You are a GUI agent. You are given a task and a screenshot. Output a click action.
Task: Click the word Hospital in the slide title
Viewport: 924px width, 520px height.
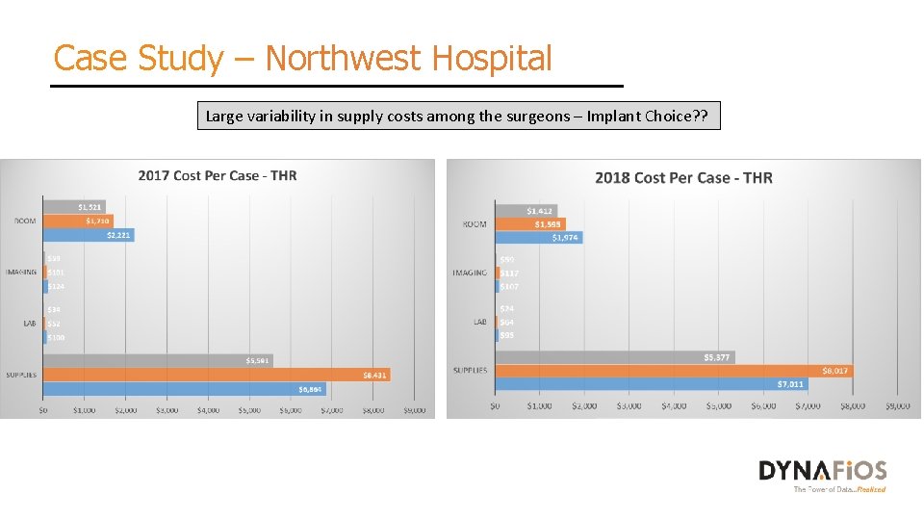tap(492, 59)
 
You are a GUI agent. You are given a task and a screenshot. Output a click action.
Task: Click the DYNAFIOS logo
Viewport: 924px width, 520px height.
tap(823, 471)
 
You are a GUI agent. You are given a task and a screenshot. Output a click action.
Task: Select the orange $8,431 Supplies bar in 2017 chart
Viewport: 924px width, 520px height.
tap(217, 375)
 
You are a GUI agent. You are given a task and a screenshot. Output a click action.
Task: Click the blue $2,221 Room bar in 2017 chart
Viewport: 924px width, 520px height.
tap(89, 235)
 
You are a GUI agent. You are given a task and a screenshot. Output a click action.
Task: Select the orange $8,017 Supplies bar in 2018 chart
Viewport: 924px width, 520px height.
tap(674, 371)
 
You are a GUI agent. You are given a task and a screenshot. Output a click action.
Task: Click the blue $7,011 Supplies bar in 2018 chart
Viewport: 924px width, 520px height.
tap(652, 384)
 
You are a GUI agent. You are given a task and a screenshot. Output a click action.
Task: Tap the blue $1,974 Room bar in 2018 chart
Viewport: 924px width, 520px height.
tap(539, 237)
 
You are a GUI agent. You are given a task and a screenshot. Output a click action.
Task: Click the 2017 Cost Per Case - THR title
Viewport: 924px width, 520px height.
tap(218, 175)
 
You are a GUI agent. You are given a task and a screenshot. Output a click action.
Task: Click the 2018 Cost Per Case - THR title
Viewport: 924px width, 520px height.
tap(683, 177)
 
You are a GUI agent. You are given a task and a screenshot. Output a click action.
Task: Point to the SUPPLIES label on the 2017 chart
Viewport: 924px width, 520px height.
tap(21, 375)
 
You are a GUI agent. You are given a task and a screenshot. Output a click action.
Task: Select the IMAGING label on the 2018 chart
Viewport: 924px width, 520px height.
tap(470, 273)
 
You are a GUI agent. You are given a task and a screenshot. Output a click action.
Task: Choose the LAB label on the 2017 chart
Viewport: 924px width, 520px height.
tap(30, 324)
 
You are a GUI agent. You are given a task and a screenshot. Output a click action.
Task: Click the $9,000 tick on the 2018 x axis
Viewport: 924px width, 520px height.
tap(896, 406)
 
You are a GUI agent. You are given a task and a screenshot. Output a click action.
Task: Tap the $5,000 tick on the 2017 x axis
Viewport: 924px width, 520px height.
tap(248, 410)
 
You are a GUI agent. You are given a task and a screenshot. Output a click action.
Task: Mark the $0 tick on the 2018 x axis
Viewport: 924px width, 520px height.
tap(495, 406)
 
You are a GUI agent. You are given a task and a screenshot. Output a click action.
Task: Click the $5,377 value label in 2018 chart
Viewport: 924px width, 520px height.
tap(717, 357)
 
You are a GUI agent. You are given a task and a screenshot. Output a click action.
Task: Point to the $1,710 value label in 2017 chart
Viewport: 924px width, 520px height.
tap(97, 221)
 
